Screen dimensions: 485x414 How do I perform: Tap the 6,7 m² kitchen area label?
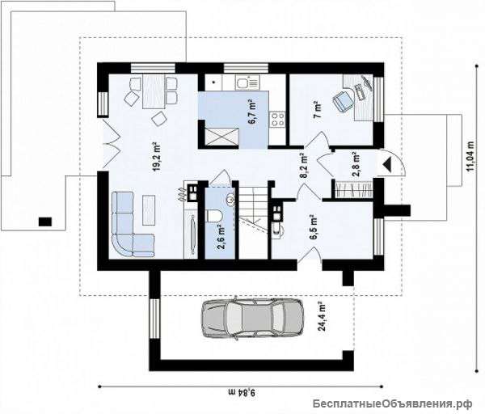[x=252, y=112]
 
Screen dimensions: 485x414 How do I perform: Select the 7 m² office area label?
[x=318, y=110]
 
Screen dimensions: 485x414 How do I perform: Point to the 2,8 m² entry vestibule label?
[x=357, y=164]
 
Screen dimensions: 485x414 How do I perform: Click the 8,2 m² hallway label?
[x=304, y=165]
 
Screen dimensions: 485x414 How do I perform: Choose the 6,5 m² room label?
[x=314, y=227]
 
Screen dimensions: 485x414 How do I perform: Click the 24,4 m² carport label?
[x=323, y=316]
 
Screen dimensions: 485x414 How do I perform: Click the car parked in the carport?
[x=252, y=319]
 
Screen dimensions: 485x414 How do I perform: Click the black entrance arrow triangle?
[x=387, y=164]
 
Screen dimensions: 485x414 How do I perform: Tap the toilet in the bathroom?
[x=213, y=216]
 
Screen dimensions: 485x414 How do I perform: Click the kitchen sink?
[x=242, y=82]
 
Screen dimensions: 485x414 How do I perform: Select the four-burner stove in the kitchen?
[x=278, y=119]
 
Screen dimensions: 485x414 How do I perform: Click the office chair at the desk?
[x=343, y=99]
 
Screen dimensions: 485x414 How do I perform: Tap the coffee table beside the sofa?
[x=149, y=210]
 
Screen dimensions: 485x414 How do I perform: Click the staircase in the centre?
[x=253, y=219]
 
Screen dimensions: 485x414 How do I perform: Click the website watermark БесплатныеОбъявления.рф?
[x=392, y=403]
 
